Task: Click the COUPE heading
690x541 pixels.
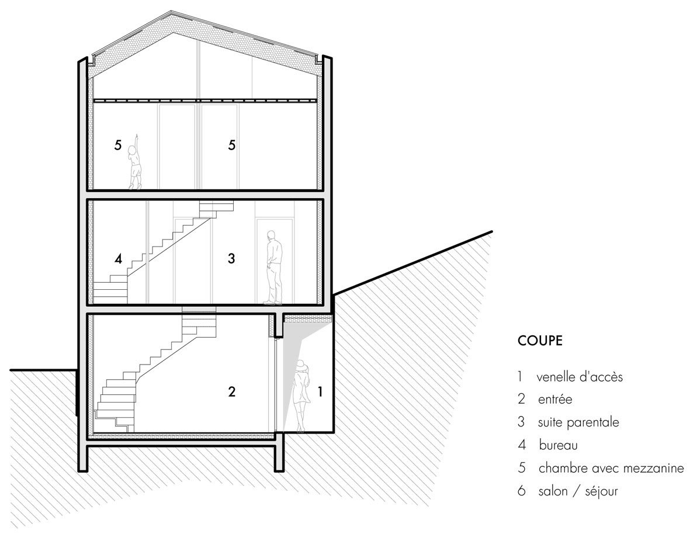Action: coord(540,341)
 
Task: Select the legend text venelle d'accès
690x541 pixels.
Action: coord(580,377)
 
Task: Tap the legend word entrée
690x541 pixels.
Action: coord(555,400)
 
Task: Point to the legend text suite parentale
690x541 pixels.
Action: coord(578,422)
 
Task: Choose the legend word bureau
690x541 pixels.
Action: coord(558,445)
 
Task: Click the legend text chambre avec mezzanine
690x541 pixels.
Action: coord(611,468)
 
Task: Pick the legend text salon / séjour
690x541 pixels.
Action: coord(578,491)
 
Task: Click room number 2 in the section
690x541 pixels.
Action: coord(231,391)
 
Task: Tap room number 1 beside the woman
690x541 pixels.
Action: coord(320,391)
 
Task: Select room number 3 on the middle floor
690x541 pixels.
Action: coord(231,258)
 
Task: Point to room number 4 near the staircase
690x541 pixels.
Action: coord(118,259)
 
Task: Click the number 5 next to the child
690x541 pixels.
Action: coord(117,145)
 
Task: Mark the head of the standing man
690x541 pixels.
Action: coord(272,235)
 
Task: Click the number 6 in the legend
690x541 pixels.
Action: coord(522,491)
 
